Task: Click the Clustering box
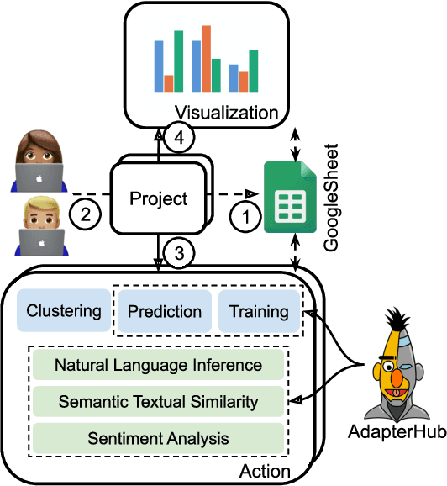(x=64, y=311)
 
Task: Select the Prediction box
(x=165, y=311)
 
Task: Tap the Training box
(x=258, y=311)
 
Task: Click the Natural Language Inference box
(x=158, y=366)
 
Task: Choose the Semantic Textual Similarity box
(x=158, y=402)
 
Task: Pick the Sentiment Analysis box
(x=158, y=438)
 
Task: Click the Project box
(x=158, y=199)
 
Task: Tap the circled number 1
(x=245, y=217)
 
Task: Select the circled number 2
(x=86, y=214)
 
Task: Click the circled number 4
(x=178, y=137)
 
